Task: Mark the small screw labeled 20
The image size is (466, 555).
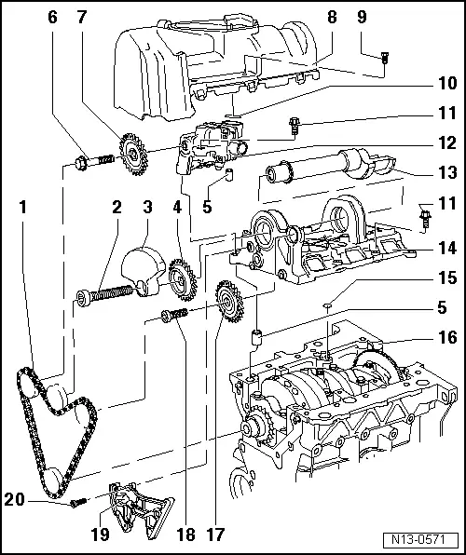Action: [78, 502]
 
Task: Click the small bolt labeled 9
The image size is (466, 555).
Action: [386, 58]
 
